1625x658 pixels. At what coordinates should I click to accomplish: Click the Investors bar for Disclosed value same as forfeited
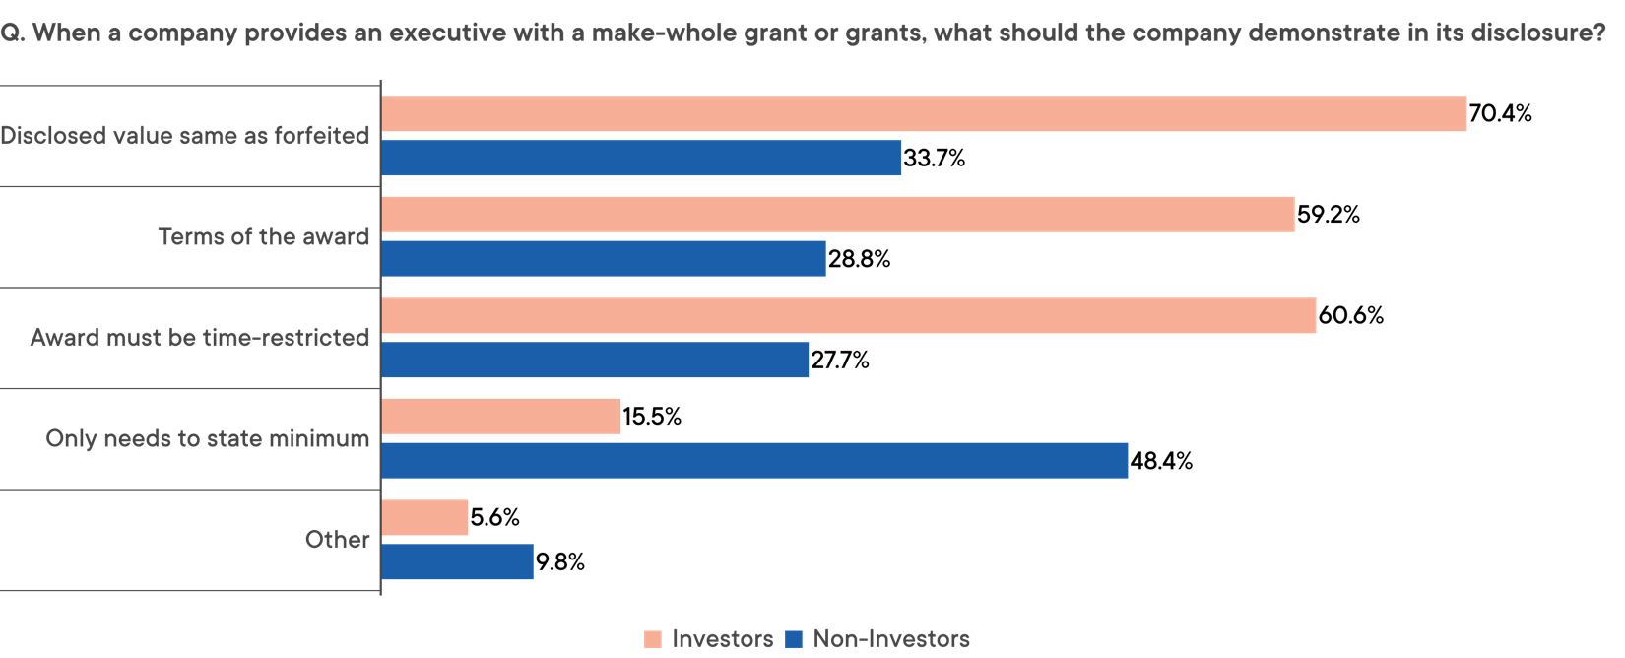click(924, 114)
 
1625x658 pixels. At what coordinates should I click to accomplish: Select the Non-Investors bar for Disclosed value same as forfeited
click(641, 158)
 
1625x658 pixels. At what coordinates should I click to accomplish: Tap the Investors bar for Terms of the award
click(838, 215)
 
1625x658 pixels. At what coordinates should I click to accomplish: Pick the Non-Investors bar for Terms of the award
click(604, 259)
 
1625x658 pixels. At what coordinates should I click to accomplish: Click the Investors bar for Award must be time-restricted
click(849, 316)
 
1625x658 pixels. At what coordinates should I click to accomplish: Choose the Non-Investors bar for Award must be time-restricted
click(595, 361)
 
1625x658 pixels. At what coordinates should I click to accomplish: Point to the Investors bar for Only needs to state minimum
click(501, 417)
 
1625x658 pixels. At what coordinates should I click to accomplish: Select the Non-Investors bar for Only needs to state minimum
click(754, 461)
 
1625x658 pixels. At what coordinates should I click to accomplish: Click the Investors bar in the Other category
click(424, 518)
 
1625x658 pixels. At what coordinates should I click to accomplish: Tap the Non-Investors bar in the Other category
click(457, 562)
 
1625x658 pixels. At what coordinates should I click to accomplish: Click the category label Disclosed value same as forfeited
click(185, 136)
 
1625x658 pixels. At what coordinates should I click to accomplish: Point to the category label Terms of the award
click(264, 237)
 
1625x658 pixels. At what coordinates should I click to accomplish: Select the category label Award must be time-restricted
click(200, 338)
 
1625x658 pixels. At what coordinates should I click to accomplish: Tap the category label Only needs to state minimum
click(208, 439)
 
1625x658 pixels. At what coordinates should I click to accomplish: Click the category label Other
click(338, 540)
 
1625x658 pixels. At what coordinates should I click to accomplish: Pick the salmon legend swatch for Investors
click(653, 640)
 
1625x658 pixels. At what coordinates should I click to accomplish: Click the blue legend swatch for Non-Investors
click(794, 640)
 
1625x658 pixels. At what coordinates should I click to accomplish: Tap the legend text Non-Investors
click(891, 639)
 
